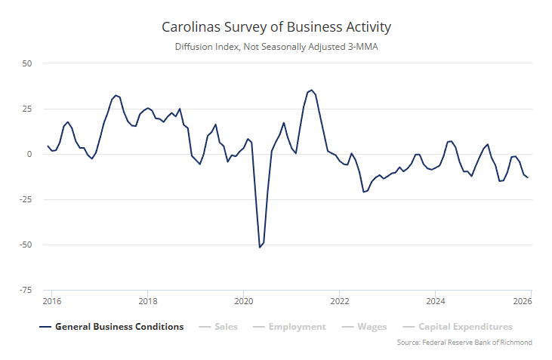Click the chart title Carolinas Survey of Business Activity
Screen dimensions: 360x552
(276, 27)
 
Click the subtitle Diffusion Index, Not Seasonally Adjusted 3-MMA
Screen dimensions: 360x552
(276, 48)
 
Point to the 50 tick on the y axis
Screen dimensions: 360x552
(26, 63)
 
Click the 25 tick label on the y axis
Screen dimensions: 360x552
(26, 109)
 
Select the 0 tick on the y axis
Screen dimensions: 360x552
(29, 154)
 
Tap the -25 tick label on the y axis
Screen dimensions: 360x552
(25, 199)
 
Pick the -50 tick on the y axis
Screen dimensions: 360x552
(25, 245)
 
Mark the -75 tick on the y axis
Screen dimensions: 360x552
(25, 290)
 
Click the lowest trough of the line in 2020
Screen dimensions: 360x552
(260, 247)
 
